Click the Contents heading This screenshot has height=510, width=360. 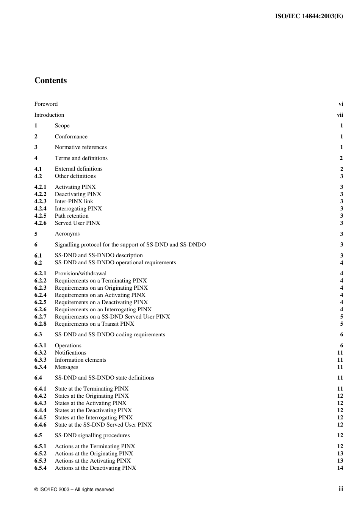(x=50, y=80)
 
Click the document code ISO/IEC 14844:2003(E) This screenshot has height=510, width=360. (x=309, y=16)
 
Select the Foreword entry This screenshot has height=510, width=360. (x=46, y=104)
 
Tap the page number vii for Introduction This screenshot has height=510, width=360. (x=340, y=115)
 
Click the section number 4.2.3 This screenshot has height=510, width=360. (x=40, y=201)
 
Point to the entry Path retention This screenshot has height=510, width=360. (x=72, y=216)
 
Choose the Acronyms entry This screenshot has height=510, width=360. (x=67, y=234)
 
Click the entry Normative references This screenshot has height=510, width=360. (x=81, y=147)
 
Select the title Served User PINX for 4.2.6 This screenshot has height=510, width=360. (x=77, y=223)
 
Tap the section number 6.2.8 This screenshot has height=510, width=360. (x=40, y=324)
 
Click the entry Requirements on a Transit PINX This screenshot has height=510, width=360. (x=94, y=324)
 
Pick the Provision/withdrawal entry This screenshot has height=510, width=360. (x=81, y=273)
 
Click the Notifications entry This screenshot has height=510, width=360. (x=70, y=353)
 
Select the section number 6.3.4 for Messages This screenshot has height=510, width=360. (x=40, y=367)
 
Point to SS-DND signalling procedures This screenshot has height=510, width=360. (x=92, y=435)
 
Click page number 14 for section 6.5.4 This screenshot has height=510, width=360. (x=340, y=468)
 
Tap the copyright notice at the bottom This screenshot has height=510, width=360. (x=74, y=490)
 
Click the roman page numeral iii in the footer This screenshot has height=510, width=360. (x=341, y=489)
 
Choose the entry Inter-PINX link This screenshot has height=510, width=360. (x=74, y=201)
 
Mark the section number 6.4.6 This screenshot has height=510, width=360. (x=40, y=425)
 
